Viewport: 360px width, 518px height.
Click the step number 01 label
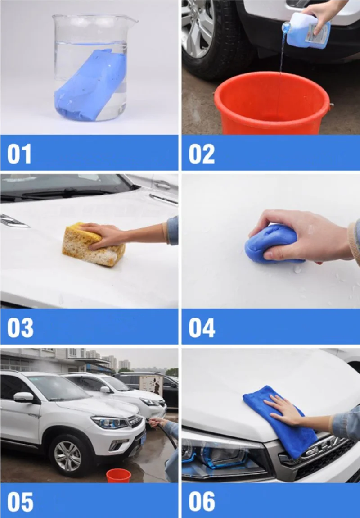click(x=19, y=154)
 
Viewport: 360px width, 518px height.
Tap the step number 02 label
click(x=202, y=154)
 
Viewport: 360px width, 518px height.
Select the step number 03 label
click(x=20, y=328)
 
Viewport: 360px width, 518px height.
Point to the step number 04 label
click(x=202, y=328)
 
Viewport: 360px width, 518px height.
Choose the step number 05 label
click(x=20, y=502)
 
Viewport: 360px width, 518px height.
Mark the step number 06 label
click(x=202, y=502)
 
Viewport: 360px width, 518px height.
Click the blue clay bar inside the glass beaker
click(x=91, y=84)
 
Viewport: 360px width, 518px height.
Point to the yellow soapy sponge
click(x=94, y=244)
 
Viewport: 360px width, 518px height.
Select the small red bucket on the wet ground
click(x=118, y=475)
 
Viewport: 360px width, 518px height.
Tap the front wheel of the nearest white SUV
click(x=67, y=456)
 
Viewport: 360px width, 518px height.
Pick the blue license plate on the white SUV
click(x=143, y=438)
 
